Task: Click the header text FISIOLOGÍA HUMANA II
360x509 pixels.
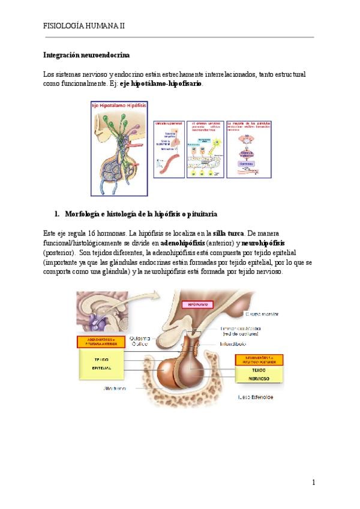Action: point(84,26)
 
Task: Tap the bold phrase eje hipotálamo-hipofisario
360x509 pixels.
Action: point(161,84)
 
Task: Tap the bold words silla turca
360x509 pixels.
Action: point(229,233)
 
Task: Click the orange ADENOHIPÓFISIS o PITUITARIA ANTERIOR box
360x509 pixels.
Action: point(101,342)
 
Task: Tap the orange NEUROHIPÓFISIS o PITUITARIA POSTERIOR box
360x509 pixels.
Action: point(259,360)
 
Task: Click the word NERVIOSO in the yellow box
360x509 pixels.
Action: point(259,380)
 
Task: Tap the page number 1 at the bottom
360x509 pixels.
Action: point(313,482)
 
